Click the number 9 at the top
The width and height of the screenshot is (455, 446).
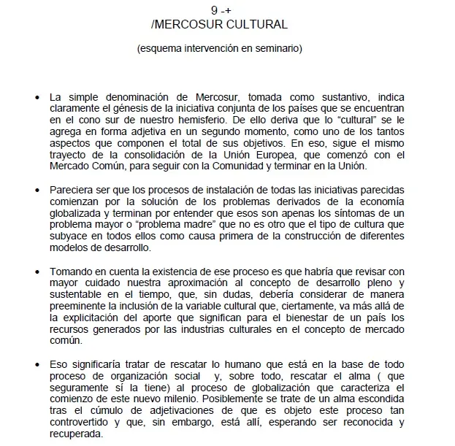click(213, 10)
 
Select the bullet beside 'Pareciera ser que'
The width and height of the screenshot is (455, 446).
click(37, 191)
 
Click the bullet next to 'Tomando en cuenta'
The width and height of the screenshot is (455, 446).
click(37, 272)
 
